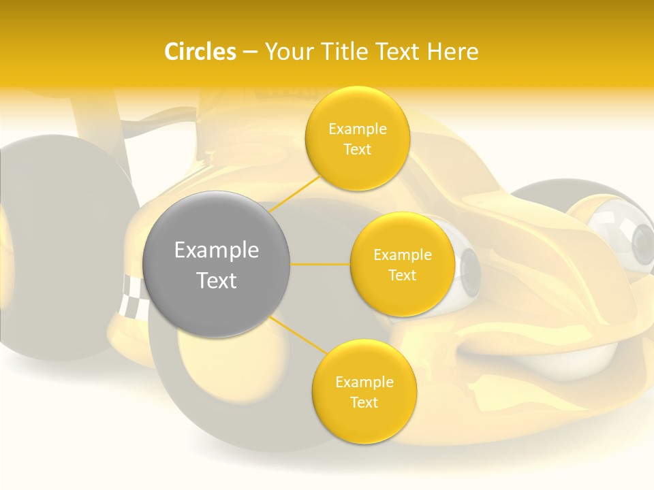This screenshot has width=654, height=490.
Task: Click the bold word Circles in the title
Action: click(200, 52)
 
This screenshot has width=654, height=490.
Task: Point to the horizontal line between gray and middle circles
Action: click(320, 264)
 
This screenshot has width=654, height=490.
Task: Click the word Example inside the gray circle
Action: click(216, 250)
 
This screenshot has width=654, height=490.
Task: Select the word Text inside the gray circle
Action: click(216, 280)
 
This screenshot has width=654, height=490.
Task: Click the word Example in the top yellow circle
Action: click(357, 129)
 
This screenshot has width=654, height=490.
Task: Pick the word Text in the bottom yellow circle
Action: click(364, 402)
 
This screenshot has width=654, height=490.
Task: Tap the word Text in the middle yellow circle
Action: click(402, 275)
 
